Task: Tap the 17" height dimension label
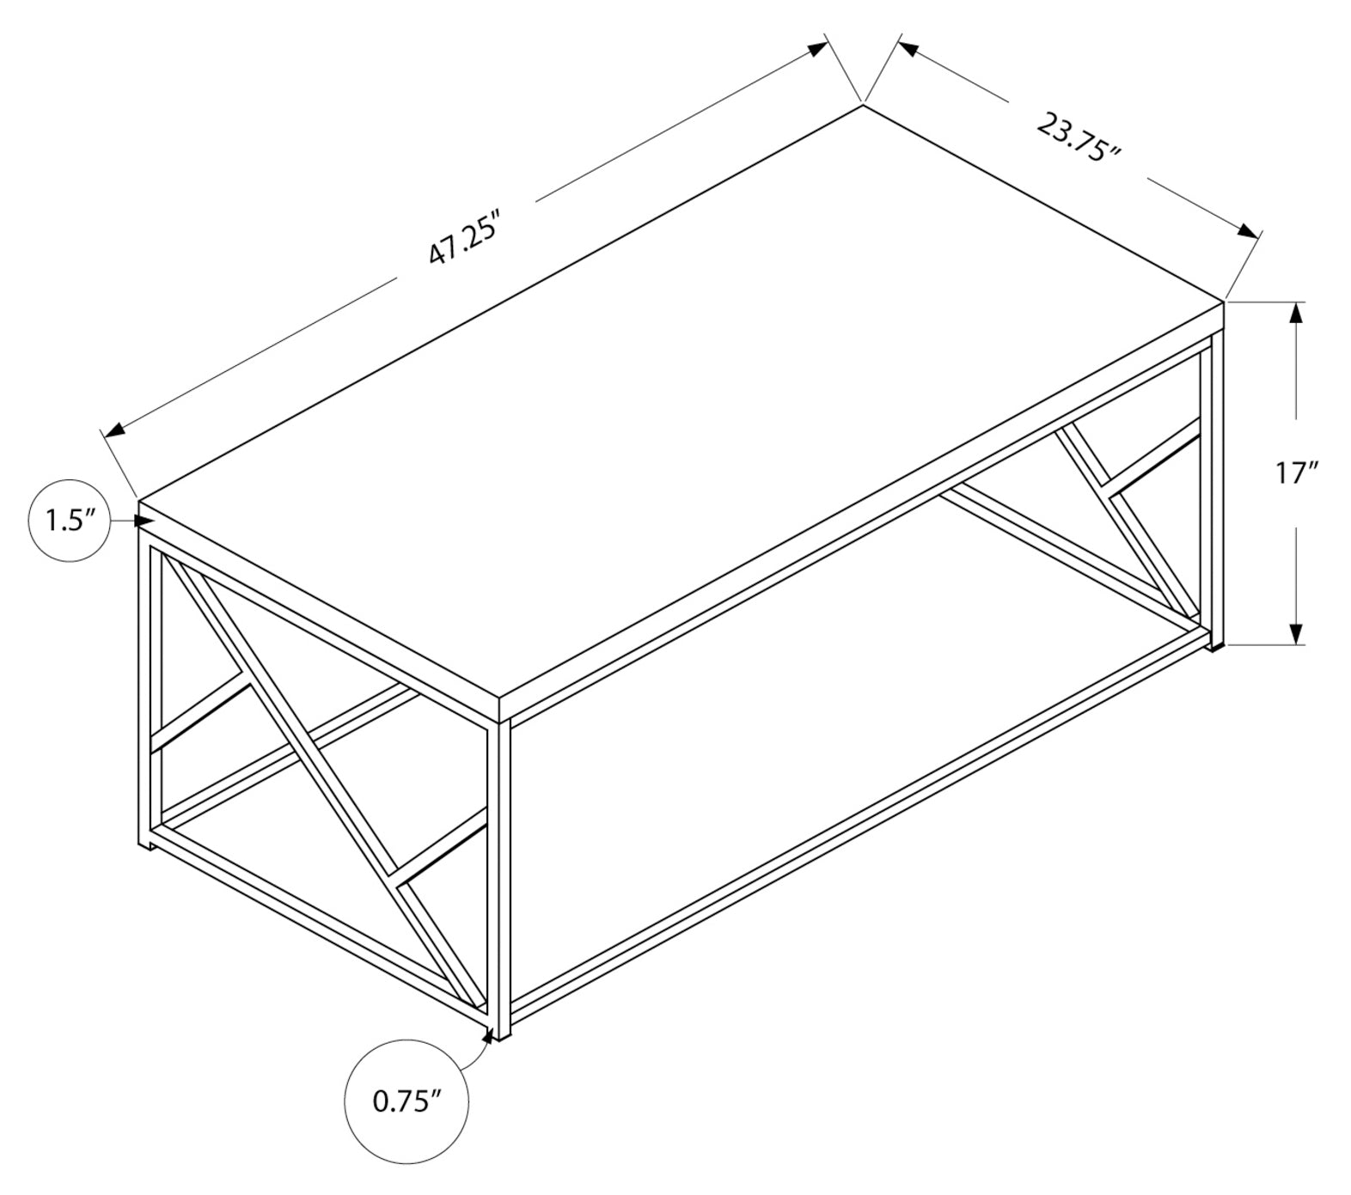[x=1296, y=473]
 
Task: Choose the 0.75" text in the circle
[x=407, y=1101]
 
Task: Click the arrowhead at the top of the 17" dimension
[x=1296, y=314]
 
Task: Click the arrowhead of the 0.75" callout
[x=490, y=1034]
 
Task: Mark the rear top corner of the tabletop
[x=863, y=106]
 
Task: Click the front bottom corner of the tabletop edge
[x=500, y=719]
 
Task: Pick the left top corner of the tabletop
[x=139, y=499]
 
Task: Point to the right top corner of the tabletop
[x=1223, y=302]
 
